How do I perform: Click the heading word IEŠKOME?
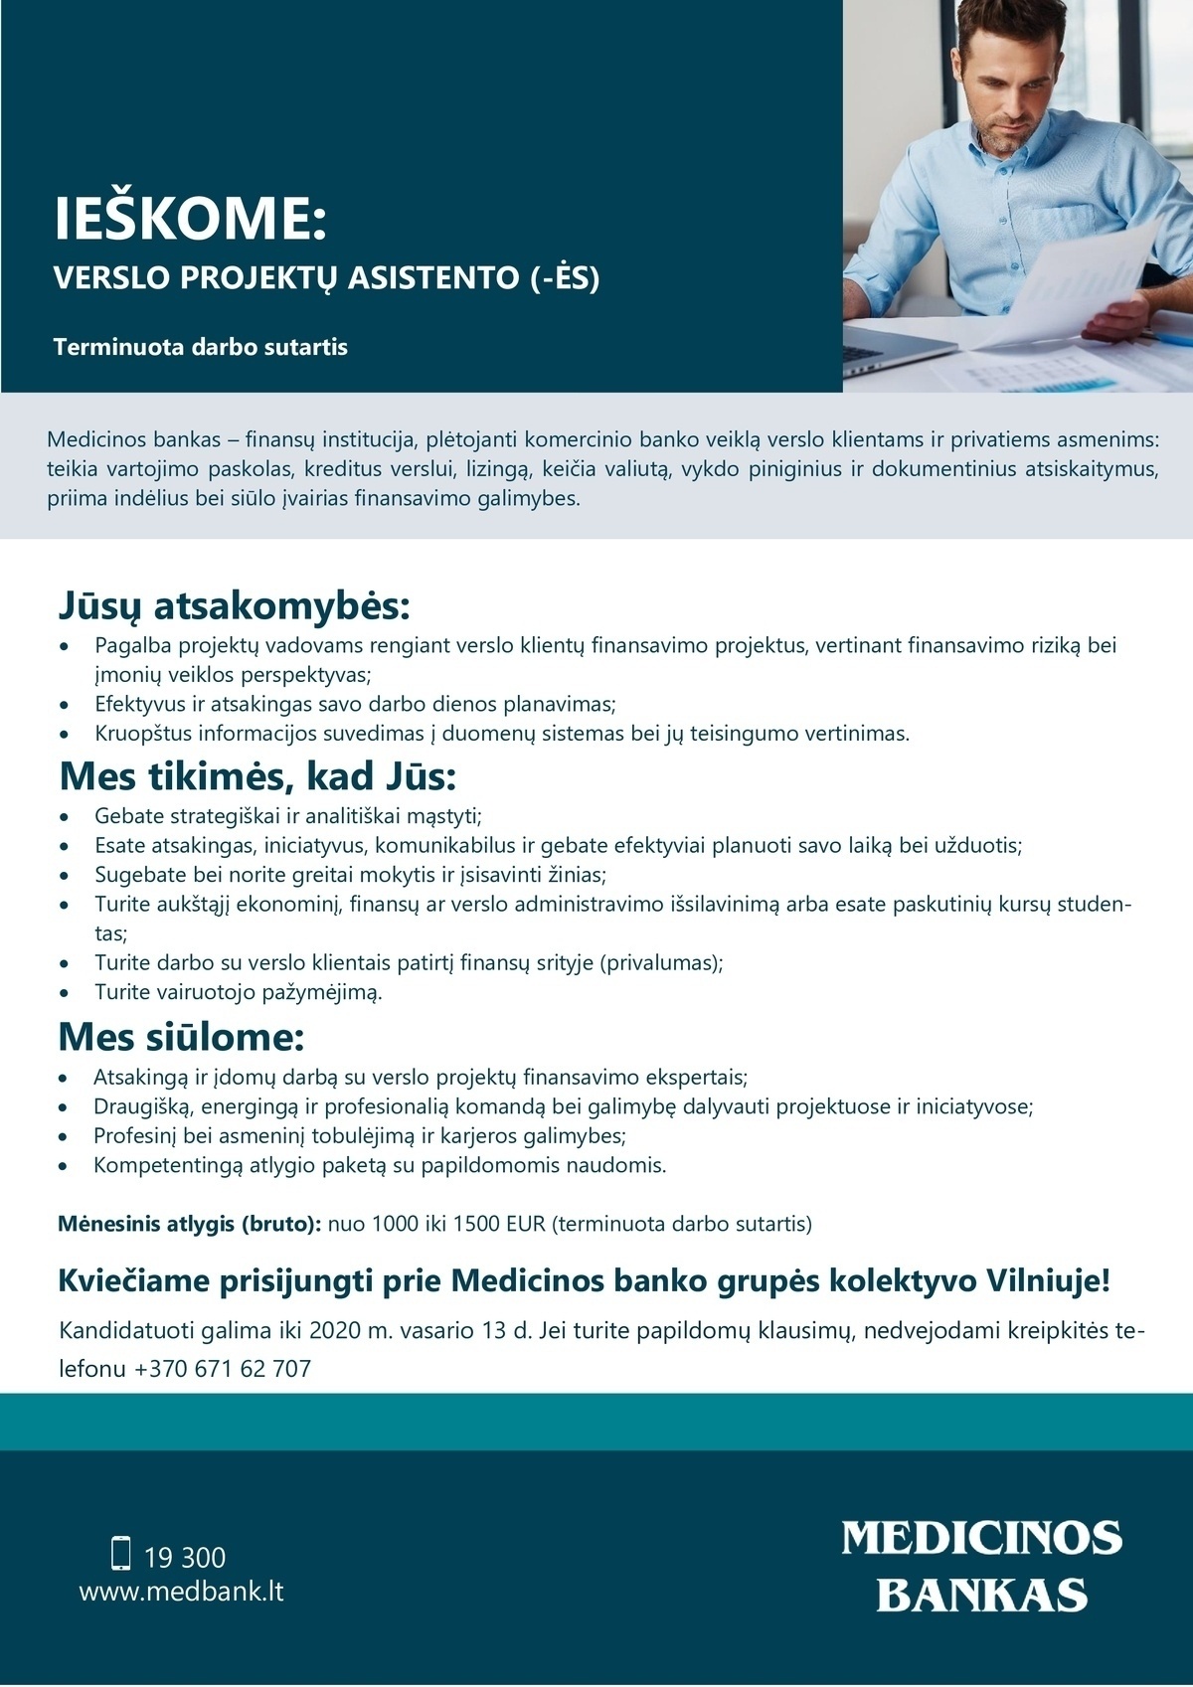click(x=190, y=219)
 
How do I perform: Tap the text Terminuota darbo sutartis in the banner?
click(x=201, y=347)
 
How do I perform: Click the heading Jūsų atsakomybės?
click(x=234, y=604)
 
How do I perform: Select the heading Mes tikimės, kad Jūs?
click(x=257, y=775)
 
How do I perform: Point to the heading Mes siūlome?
click(x=181, y=1037)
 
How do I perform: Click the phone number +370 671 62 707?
click(x=223, y=1369)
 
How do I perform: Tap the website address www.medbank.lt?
click(x=181, y=1591)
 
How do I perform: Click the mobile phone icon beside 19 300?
click(x=121, y=1553)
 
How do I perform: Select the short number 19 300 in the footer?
click(x=185, y=1557)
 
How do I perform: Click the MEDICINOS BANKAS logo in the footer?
click(x=981, y=1566)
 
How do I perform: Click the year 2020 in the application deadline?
click(x=334, y=1330)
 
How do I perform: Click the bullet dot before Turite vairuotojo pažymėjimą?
click(x=66, y=992)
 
